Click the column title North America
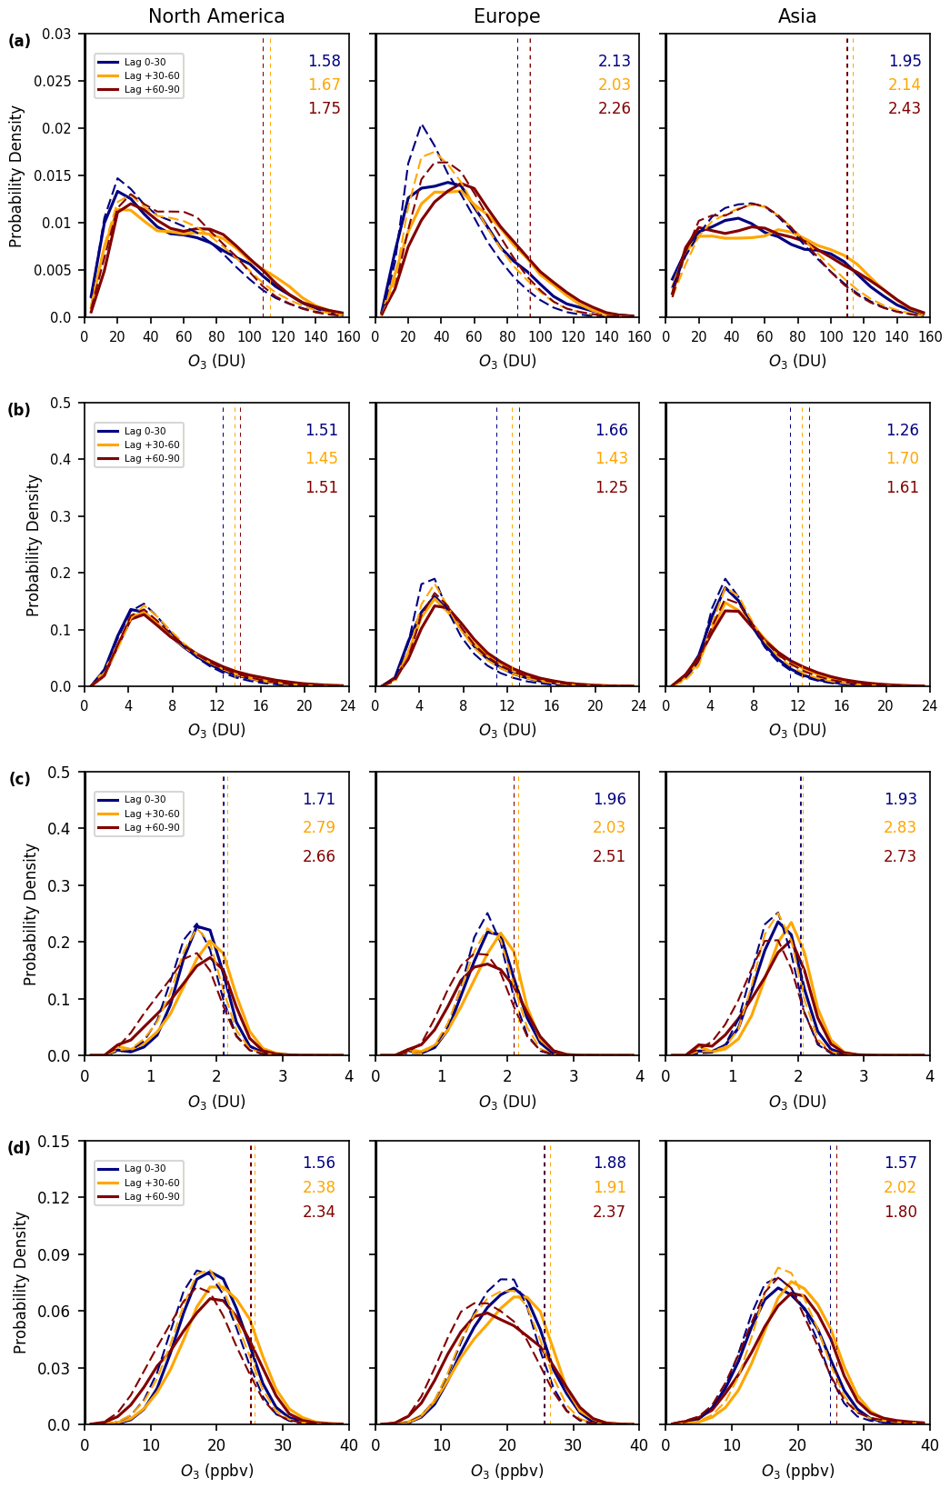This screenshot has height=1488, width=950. (x=216, y=16)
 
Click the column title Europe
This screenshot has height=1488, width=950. (x=506, y=16)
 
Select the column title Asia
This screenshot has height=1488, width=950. (x=797, y=16)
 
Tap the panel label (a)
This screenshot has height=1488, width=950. (x=19, y=41)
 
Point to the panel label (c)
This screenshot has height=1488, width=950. (x=19, y=779)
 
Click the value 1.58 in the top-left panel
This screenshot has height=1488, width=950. (x=324, y=61)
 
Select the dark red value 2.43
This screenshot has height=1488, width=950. (x=905, y=108)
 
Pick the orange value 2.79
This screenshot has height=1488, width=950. (x=319, y=827)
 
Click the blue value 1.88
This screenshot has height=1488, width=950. (x=609, y=1163)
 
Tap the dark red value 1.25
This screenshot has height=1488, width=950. (x=612, y=487)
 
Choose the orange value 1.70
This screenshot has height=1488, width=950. (x=902, y=458)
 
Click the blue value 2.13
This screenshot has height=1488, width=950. (x=614, y=61)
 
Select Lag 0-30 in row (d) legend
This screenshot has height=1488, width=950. (x=145, y=1169)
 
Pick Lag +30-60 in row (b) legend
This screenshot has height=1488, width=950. (x=153, y=444)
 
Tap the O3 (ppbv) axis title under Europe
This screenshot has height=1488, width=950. (x=506, y=1471)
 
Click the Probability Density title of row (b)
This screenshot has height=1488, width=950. (x=34, y=544)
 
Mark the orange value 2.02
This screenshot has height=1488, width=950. (x=900, y=1187)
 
